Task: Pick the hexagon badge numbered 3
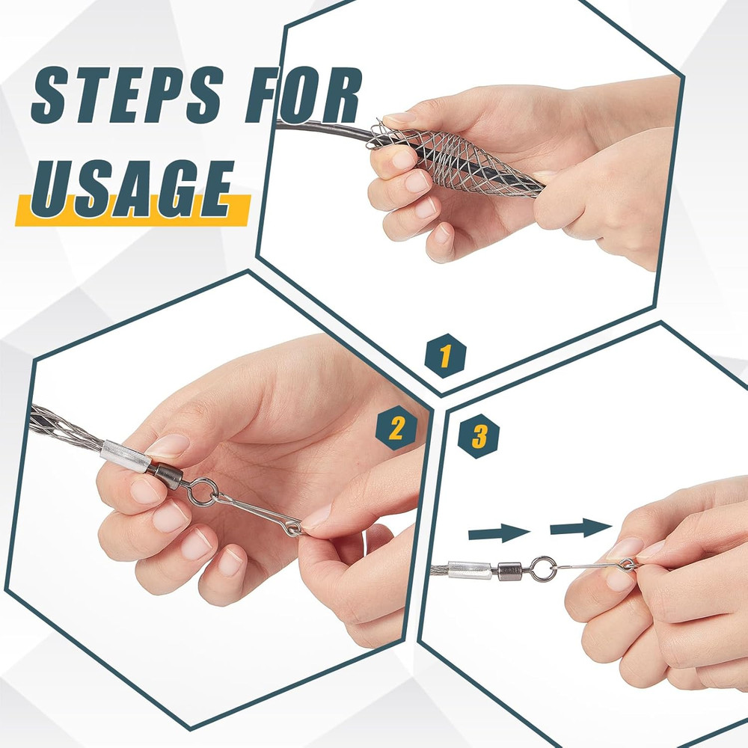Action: tap(479, 435)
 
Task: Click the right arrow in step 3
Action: tap(580, 528)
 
